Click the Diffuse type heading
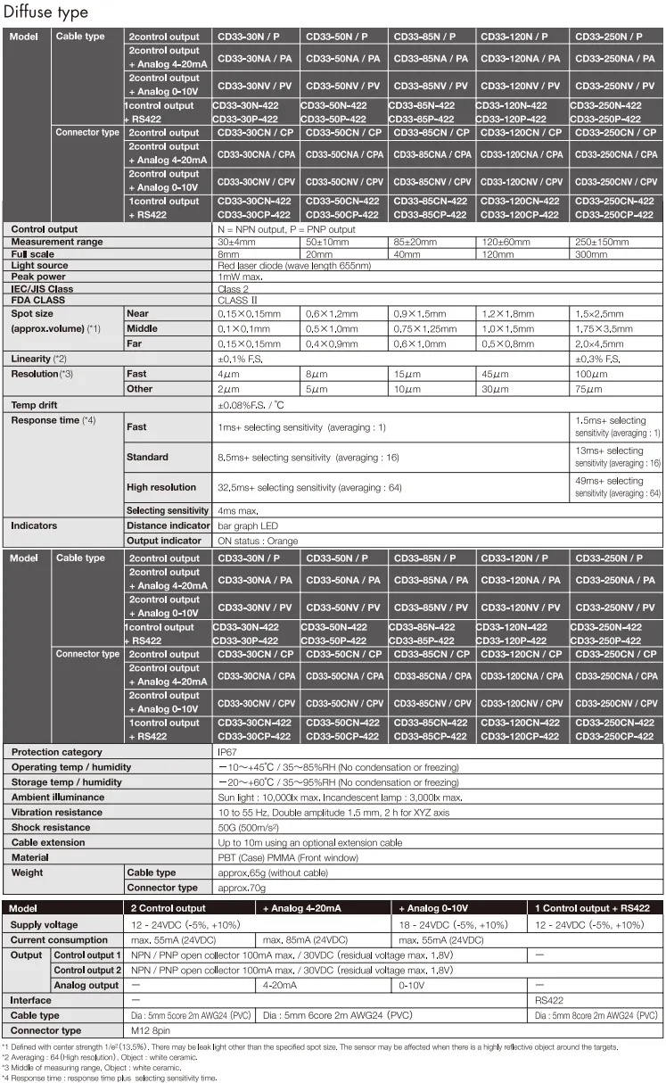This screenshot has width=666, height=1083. pyautogui.click(x=45, y=12)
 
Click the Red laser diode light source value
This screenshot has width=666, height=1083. pyautogui.click(x=293, y=266)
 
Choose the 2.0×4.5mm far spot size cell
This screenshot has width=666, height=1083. pyautogui.click(x=600, y=343)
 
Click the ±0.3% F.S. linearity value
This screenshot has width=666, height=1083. pyautogui.click(x=597, y=359)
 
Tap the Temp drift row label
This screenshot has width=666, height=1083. pyautogui.click(x=35, y=405)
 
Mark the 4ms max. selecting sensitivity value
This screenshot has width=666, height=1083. pyautogui.click(x=238, y=510)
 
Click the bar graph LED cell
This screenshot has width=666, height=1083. pyautogui.click(x=248, y=525)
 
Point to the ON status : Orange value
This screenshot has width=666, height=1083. pyautogui.click(x=258, y=541)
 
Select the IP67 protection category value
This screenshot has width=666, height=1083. pyautogui.click(x=227, y=752)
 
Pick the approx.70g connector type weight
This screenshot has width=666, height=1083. pyautogui.click(x=242, y=888)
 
